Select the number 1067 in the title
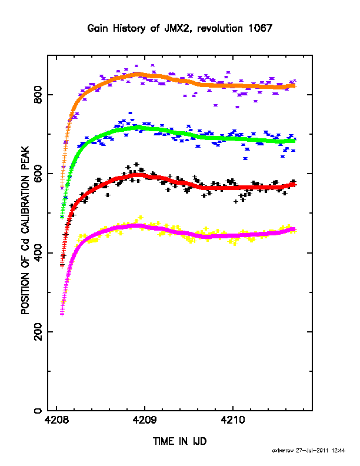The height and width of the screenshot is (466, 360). coord(260,28)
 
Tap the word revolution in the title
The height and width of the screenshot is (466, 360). coord(220,28)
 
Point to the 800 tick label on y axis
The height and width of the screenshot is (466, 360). coord(38,95)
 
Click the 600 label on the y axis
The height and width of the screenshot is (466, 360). coord(38,174)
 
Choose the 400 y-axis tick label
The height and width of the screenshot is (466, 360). coord(38,253)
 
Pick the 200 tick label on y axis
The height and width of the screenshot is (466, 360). coord(38,332)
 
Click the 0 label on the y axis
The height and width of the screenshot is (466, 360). coord(38,411)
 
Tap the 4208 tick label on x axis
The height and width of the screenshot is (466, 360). coord(56,420)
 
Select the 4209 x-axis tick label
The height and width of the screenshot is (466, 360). coord(145,420)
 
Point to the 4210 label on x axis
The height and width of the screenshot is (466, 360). coord(233,420)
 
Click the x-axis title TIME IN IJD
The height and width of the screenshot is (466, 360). coord(179,441)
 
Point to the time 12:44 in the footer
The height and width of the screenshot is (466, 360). coord(338,451)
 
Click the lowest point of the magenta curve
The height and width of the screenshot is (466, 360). coord(62,314)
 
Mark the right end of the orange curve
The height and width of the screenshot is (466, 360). coord(295,86)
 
